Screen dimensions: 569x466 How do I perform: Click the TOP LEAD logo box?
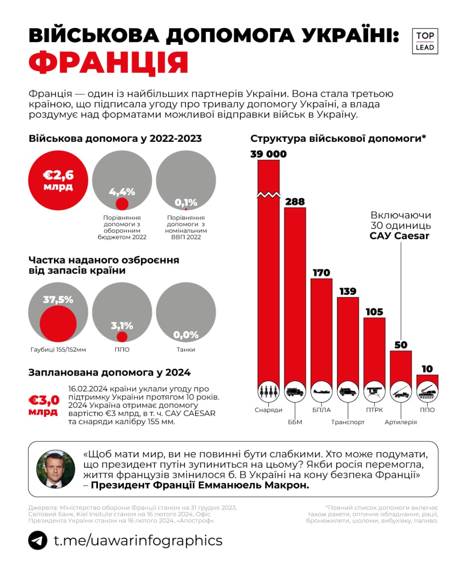(x=425, y=41)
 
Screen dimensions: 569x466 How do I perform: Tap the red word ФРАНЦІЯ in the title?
(x=109, y=63)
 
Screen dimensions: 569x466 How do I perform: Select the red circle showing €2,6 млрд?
(x=58, y=180)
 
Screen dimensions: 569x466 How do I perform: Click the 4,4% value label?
(x=122, y=192)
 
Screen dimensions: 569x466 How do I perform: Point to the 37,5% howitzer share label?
(x=58, y=300)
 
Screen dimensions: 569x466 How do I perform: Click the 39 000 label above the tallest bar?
(x=268, y=154)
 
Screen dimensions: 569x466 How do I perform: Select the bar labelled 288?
(x=295, y=293)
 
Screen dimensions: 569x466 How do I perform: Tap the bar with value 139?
(x=348, y=338)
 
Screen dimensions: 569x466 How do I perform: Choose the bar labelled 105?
(x=374, y=349)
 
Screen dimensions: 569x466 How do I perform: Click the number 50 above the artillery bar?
(x=401, y=345)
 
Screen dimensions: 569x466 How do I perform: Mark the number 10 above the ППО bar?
(x=427, y=369)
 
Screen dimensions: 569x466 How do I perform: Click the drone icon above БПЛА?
(x=321, y=392)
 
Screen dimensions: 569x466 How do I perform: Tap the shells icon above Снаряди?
(x=268, y=392)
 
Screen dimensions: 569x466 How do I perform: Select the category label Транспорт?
(x=348, y=422)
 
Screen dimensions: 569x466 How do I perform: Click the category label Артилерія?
(x=401, y=422)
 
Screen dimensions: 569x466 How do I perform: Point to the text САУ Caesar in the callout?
(x=399, y=236)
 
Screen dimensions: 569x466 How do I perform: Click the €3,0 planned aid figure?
(x=43, y=401)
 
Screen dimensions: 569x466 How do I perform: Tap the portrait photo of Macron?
(x=55, y=469)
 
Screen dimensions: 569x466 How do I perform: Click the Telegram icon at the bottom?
(x=37, y=541)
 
